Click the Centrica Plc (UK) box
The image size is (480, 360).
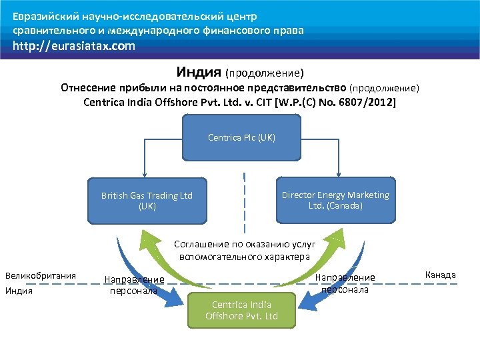[241, 138]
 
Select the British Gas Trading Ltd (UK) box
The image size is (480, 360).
[147, 201]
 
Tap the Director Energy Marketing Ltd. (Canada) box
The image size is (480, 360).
[335, 200]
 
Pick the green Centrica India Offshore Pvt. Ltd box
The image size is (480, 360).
[241, 310]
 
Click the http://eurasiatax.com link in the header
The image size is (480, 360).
[73, 46]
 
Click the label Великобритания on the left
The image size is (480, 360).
[41, 275]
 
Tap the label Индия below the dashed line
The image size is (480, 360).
[19, 291]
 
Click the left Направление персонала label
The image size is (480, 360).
[134, 285]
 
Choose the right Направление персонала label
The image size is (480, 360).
[345, 283]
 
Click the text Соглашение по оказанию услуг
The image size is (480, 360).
[245, 245]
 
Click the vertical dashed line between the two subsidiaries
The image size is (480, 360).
[245, 200]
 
